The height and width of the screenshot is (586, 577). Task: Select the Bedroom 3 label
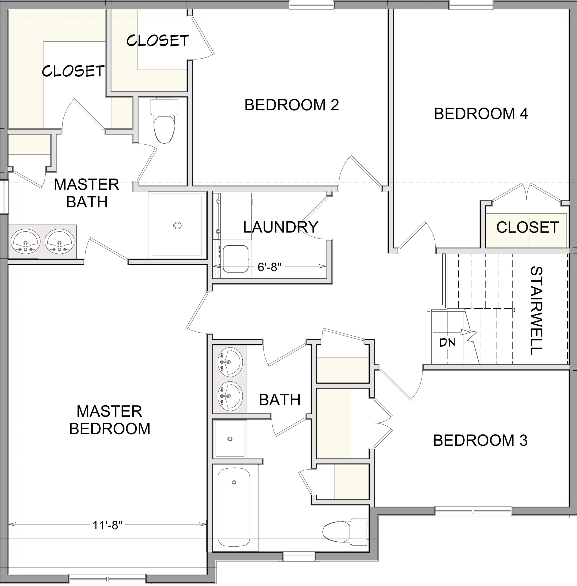point(480,440)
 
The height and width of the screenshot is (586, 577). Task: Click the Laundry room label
point(281,227)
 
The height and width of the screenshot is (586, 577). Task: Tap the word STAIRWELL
point(537,310)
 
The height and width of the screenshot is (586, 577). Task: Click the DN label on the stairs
point(447,343)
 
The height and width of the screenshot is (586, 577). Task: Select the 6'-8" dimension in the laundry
point(269,267)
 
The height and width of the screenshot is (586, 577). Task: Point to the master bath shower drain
point(177,225)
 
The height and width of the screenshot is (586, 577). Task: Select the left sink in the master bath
point(25,242)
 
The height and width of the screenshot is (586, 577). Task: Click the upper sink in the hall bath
point(230,362)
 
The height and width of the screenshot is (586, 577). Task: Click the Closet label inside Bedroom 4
point(528,227)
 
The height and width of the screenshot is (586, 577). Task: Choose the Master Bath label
point(87,193)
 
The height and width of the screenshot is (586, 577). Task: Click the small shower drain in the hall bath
point(230,439)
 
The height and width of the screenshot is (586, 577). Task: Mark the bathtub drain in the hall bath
point(234,482)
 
